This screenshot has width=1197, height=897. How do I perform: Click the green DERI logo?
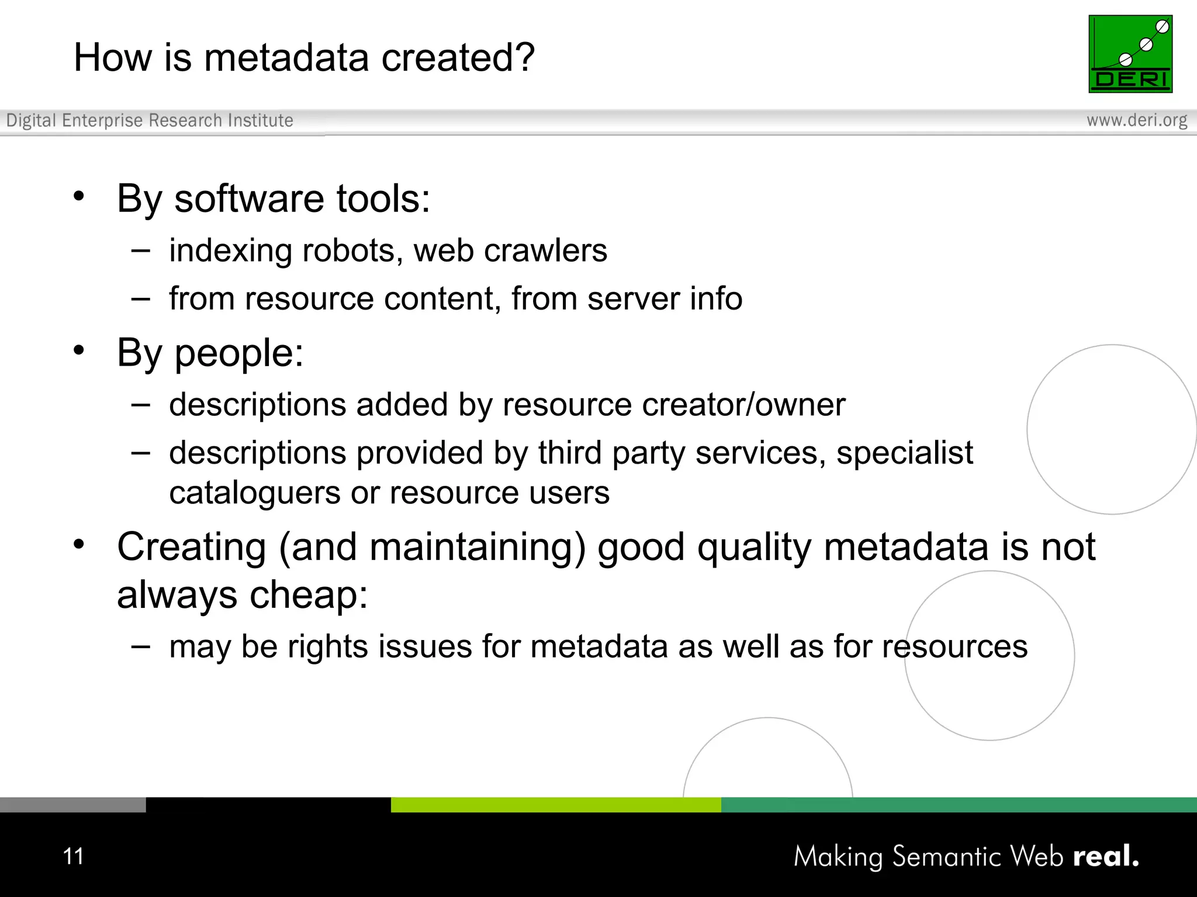1130,54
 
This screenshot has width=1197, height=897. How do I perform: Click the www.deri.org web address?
1137,120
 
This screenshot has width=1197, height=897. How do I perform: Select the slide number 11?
74,856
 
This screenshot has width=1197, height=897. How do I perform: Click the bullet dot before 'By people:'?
79,350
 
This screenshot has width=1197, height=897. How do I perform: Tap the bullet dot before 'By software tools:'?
79,196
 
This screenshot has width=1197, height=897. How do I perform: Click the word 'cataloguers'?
254,493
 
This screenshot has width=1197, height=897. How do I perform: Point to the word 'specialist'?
904,453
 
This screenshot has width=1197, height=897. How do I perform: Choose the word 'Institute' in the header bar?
261,120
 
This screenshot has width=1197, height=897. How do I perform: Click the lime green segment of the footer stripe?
555,805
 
